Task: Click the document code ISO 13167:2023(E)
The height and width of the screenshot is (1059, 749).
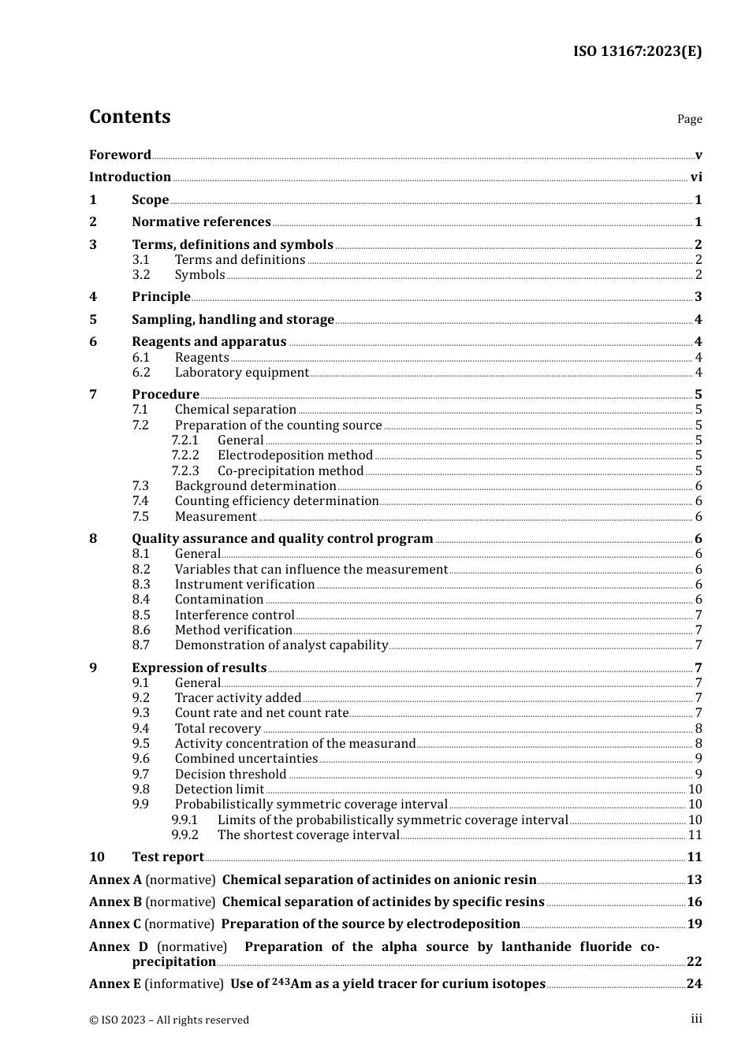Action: click(637, 52)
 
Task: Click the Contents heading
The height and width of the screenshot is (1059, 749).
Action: click(129, 117)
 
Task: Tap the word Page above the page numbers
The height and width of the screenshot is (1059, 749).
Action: click(689, 119)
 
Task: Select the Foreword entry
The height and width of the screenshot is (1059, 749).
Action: click(120, 155)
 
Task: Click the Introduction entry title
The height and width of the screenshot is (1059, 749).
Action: click(130, 177)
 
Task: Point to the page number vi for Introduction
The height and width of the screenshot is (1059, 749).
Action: click(696, 177)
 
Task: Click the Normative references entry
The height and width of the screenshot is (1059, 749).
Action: click(201, 222)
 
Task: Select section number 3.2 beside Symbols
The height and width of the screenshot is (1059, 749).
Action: click(141, 275)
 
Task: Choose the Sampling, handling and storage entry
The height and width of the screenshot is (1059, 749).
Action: click(233, 320)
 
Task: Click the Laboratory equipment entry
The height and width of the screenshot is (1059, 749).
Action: click(241, 373)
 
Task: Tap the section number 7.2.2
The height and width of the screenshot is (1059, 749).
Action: click(185, 455)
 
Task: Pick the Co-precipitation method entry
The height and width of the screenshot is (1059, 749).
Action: click(290, 471)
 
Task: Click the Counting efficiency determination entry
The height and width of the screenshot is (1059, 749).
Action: click(277, 501)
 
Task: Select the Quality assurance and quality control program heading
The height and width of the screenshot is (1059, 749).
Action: click(282, 539)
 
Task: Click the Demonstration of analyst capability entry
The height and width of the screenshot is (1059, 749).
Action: click(281, 645)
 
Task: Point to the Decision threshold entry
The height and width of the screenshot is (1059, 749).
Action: click(230, 775)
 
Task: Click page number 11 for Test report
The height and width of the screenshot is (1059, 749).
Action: click(695, 857)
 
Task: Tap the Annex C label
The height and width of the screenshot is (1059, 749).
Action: click(114, 924)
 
